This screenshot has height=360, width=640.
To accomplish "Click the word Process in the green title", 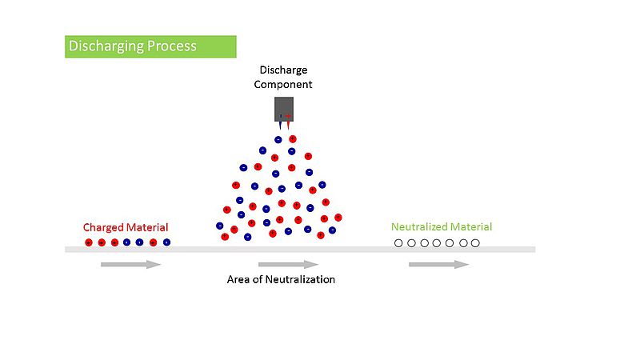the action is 172,46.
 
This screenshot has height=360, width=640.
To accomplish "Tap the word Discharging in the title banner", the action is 106,46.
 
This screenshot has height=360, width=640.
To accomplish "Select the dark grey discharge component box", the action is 284,110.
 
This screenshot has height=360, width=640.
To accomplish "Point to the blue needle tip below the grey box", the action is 281,130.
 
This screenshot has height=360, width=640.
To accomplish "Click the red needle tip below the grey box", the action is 288,130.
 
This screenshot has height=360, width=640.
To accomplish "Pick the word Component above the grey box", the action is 283,85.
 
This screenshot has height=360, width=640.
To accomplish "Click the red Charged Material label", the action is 126,227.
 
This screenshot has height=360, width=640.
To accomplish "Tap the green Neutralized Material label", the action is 442,227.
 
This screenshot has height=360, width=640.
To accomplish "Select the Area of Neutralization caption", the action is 281,279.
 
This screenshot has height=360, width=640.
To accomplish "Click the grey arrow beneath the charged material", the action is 131,265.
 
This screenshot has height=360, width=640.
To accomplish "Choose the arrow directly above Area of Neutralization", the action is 289,265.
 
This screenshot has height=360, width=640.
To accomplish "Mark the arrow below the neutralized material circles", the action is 439,265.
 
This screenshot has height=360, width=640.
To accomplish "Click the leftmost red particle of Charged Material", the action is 89,243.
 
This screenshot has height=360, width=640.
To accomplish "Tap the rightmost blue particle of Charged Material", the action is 166,242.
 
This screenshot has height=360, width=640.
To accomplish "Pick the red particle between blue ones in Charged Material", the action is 153,243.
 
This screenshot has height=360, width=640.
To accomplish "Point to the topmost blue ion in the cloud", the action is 278,140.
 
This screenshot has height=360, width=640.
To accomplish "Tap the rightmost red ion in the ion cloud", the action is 338,218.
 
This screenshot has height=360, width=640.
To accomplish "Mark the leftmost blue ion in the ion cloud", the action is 219,226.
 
